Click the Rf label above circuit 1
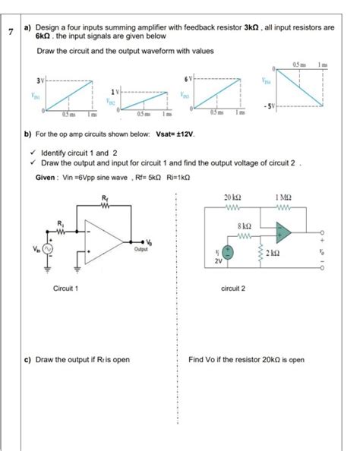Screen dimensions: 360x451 [x=104, y=199]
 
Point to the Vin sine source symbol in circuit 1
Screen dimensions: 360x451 [x=47, y=249]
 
